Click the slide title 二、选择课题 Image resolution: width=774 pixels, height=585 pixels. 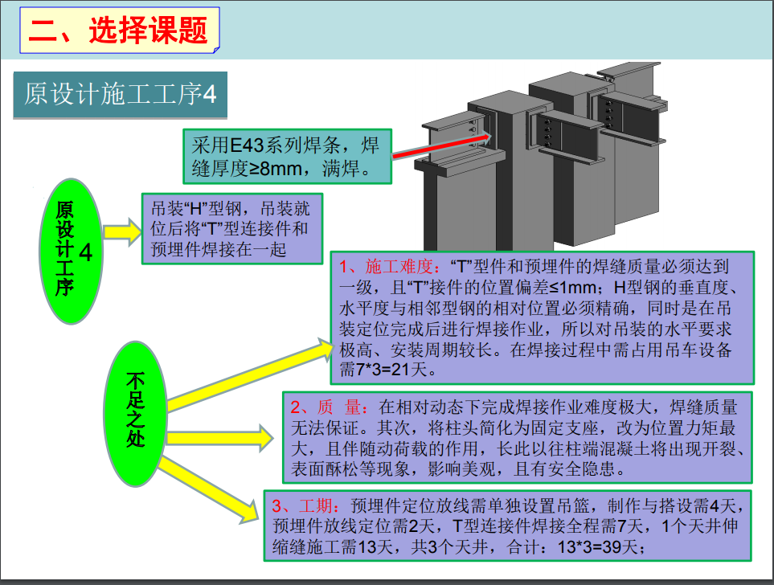click(x=118, y=31)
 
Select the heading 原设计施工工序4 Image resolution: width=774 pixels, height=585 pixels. click(x=121, y=95)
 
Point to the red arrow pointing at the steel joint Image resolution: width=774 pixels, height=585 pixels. click(x=434, y=145)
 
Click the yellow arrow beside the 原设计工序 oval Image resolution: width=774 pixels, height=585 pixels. click(x=121, y=232)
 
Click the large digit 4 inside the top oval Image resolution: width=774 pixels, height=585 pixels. click(x=86, y=252)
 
